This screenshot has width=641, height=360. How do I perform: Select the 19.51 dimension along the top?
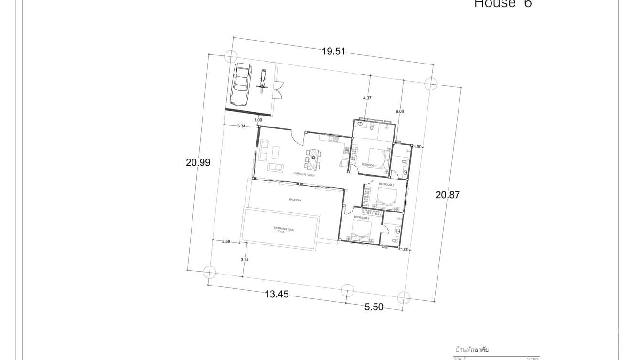pyautogui.click(x=333, y=52)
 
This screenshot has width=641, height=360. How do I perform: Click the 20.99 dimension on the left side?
pyautogui.click(x=198, y=162)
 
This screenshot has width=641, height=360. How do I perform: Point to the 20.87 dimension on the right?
pyautogui.click(x=448, y=195)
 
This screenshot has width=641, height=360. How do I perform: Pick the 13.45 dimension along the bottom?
pyautogui.click(x=277, y=295)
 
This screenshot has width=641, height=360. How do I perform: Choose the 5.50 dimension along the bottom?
pyautogui.click(x=374, y=307)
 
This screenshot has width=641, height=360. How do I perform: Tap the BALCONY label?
pyautogui.click(x=295, y=200)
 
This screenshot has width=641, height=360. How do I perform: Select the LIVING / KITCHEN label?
pyautogui.click(x=304, y=175)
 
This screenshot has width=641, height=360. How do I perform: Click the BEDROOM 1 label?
pyautogui.click(x=369, y=165)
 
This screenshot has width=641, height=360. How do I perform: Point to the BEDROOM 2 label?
pyautogui.click(x=386, y=184)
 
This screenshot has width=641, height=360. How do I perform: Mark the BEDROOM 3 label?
pyautogui.click(x=361, y=218)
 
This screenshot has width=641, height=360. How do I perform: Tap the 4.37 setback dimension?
pyautogui.click(x=367, y=98)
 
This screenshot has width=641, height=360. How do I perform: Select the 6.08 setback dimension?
pyautogui.click(x=400, y=111)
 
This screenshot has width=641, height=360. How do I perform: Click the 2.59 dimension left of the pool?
pyautogui.click(x=226, y=241)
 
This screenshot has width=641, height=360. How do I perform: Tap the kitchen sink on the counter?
pyautogui.click(x=333, y=138)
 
